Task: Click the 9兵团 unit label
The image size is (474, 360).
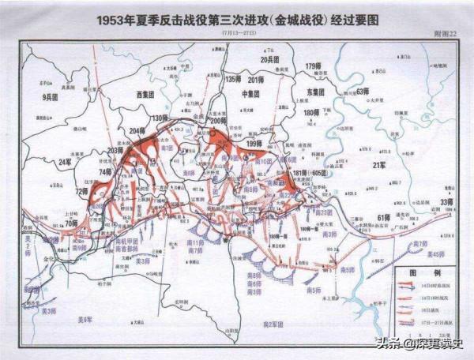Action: [x=51, y=97]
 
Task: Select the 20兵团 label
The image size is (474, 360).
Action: [x=271, y=60]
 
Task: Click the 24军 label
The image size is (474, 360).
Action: [x=66, y=163]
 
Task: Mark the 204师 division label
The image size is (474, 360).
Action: [x=137, y=132]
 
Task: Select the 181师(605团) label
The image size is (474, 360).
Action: [x=310, y=172]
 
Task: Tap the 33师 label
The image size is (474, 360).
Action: [x=446, y=203]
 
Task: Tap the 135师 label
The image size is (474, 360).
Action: [x=231, y=80]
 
